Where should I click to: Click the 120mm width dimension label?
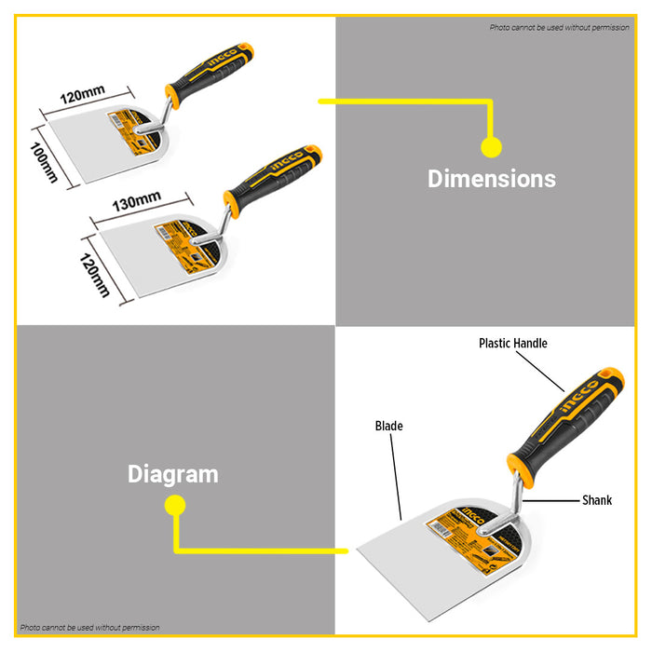coord(82,95)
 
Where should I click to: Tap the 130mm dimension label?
coord(137,201)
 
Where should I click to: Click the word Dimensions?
coord(491,179)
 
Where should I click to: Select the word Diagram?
coord(173,474)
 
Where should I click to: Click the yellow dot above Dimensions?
coord(491,146)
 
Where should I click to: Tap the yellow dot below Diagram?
coord(173,505)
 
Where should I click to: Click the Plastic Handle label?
coord(512,343)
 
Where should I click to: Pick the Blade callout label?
coord(388,427)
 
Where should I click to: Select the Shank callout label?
coord(597,500)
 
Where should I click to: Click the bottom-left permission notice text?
coord(90,628)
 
